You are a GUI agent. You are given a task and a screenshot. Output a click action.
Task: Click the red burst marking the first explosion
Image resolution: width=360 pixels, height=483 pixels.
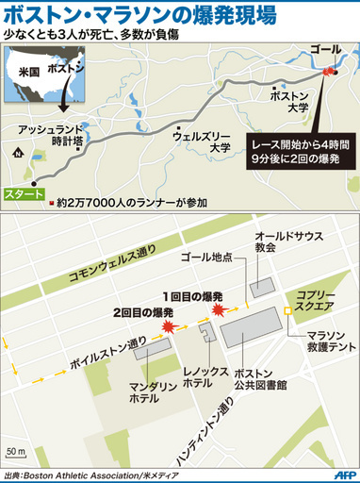point(221,309)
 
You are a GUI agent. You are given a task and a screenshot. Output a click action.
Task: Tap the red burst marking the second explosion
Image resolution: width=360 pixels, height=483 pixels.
point(171,326)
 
